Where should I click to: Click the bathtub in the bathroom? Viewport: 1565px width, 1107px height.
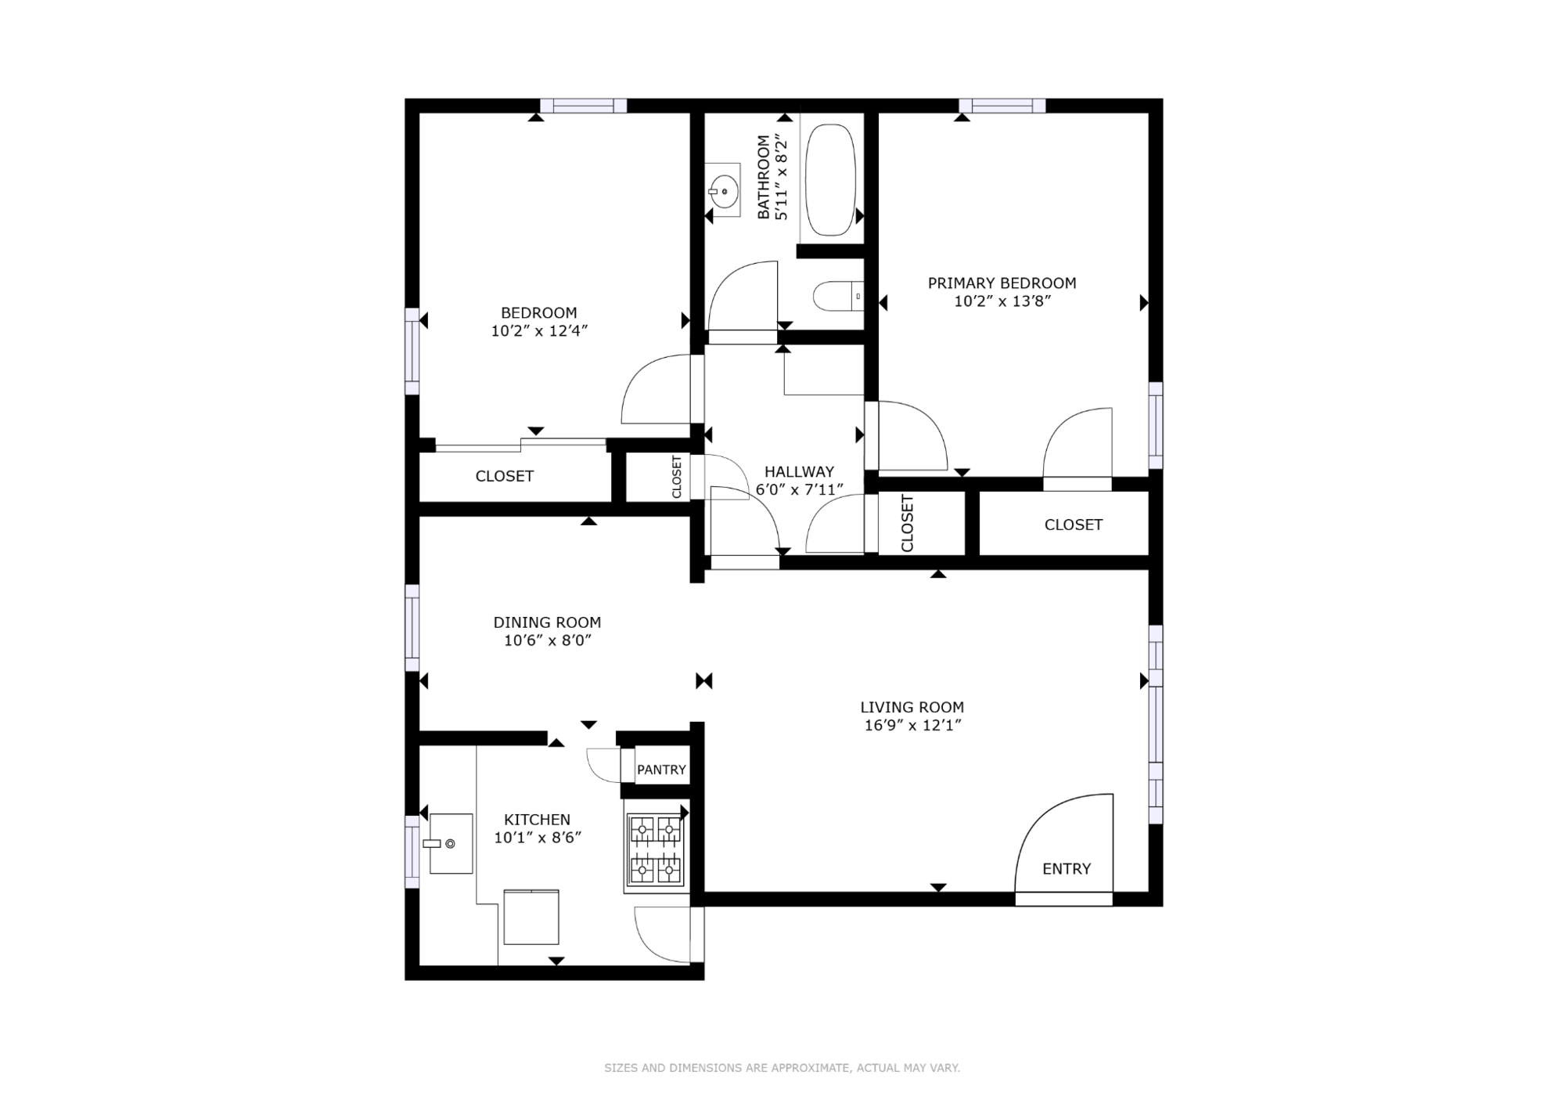point(830,179)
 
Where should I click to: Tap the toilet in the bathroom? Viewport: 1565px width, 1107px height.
point(838,297)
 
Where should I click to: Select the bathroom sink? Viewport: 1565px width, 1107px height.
point(722,190)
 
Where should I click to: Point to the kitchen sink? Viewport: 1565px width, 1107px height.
point(452,843)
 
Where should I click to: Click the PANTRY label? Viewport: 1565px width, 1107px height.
point(661,770)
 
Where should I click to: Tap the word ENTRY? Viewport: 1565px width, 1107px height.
point(1067,868)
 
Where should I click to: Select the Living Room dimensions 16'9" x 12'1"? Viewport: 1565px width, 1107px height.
point(912,726)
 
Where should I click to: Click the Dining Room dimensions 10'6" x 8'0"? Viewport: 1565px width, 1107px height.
point(547,640)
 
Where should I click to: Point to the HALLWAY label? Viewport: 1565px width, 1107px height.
point(799,471)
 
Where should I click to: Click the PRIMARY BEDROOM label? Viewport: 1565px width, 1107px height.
point(1002,283)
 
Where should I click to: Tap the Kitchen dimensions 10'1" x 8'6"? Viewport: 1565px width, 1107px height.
point(538,838)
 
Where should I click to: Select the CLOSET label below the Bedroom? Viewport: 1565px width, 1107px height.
point(505,476)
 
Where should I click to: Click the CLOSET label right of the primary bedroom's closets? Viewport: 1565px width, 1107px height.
point(1073,525)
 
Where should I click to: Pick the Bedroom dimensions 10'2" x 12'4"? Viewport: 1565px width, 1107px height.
point(539,331)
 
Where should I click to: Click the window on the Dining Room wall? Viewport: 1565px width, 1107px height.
point(412,628)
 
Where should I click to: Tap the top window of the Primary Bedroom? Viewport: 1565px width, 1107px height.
point(1002,106)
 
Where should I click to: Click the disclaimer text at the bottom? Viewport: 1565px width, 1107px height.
point(782,1068)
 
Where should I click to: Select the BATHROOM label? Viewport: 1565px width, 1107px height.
point(763,177)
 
